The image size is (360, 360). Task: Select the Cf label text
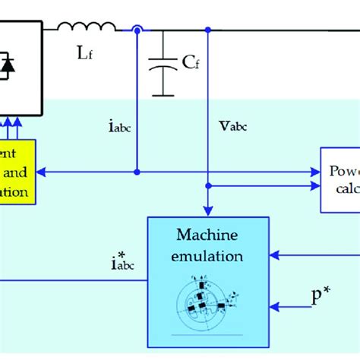tap(191, 63)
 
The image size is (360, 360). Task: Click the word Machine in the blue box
tap(207, 236)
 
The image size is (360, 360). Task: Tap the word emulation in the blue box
tap(207, 256)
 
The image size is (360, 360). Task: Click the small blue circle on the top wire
tap(137, 31)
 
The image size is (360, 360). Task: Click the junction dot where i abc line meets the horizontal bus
tap(137, 172)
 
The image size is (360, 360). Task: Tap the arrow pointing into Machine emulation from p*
tap(275, 308)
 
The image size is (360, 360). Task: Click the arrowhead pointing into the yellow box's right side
tap(42, 172)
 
